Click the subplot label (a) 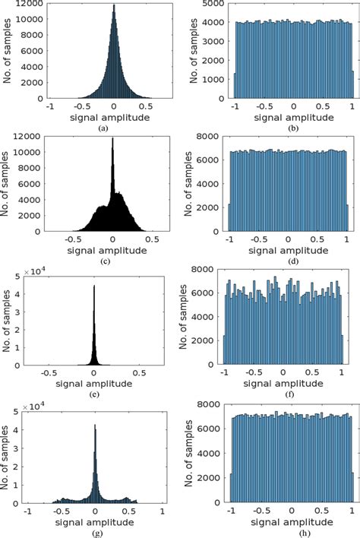coord(92,129)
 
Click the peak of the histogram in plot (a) coord(93,6)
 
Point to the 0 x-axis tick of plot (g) coord(95,513)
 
